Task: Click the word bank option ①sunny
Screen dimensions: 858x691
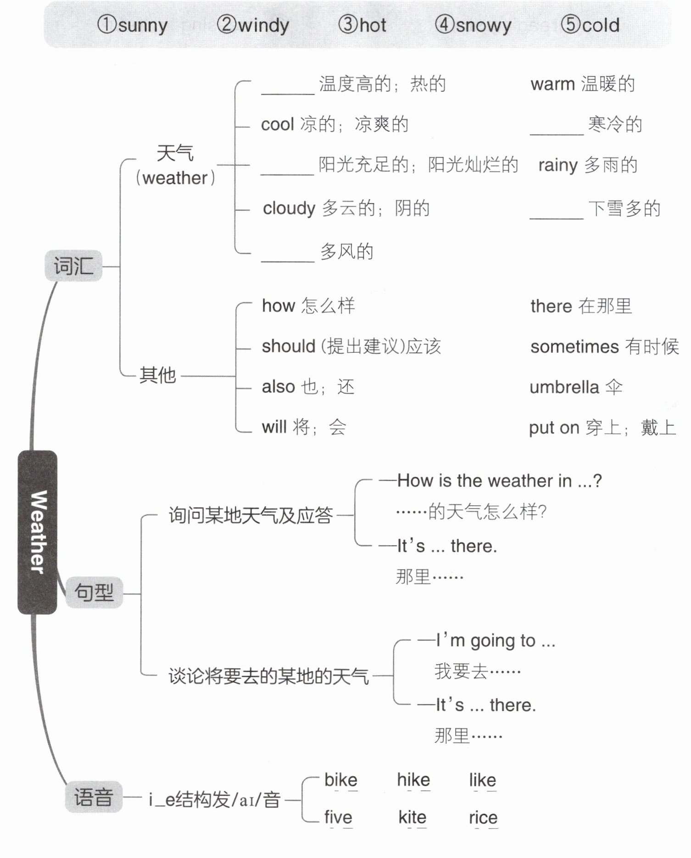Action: (x=132, y=25)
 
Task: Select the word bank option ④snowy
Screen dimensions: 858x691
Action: (x=473, y=25)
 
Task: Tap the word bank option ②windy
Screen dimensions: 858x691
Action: (x=253, y=25)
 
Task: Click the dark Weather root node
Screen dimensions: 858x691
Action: (x=38, y=532)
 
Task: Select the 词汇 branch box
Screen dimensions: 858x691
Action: (x=73, y=266)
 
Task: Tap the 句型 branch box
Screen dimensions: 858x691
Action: (x=94, y=592)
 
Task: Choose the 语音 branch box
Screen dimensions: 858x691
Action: (x=94, y=797)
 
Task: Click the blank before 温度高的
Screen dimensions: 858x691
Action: (x=288, y=87)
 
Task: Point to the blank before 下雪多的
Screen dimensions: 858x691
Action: (x=556, y=212)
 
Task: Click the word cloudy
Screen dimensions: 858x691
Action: (x=289, y=209)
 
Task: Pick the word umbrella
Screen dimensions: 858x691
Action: (x=564, y=387)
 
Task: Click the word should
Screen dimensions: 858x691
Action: (x=288, y=346)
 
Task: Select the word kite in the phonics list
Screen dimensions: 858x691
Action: (x=412, y=817)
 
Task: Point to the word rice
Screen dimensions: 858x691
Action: (x=483, y=817)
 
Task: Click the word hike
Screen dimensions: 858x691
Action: (x=413, y=780)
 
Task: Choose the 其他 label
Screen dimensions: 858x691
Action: (x=157, y=375)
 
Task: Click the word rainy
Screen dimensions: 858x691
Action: (x=557, y=165)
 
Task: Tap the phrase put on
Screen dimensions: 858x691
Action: (x=554, y=428)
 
